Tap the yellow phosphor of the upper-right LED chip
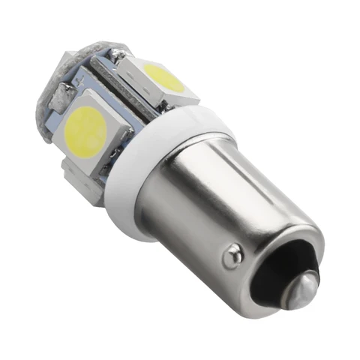coord(166,77)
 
